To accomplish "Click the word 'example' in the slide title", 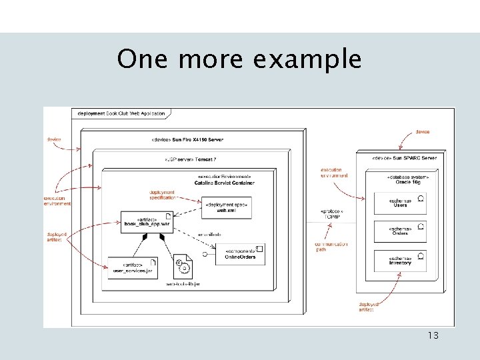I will [x=307, y=59].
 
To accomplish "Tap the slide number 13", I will [x=433, y=335].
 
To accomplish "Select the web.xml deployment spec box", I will [x=227, y=207].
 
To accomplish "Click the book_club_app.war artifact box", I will [x=147, y=222].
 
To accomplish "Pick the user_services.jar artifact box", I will [x=133, y=267].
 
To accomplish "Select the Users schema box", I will [x=400, y=202].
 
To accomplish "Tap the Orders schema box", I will [x=400, y=231].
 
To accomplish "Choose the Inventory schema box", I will [x=400, y=260].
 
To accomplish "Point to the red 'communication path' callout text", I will [x=331, y=247].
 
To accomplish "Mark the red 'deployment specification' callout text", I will [x=163, y=195].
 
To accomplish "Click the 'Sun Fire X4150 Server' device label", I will [x=187, y=139].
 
